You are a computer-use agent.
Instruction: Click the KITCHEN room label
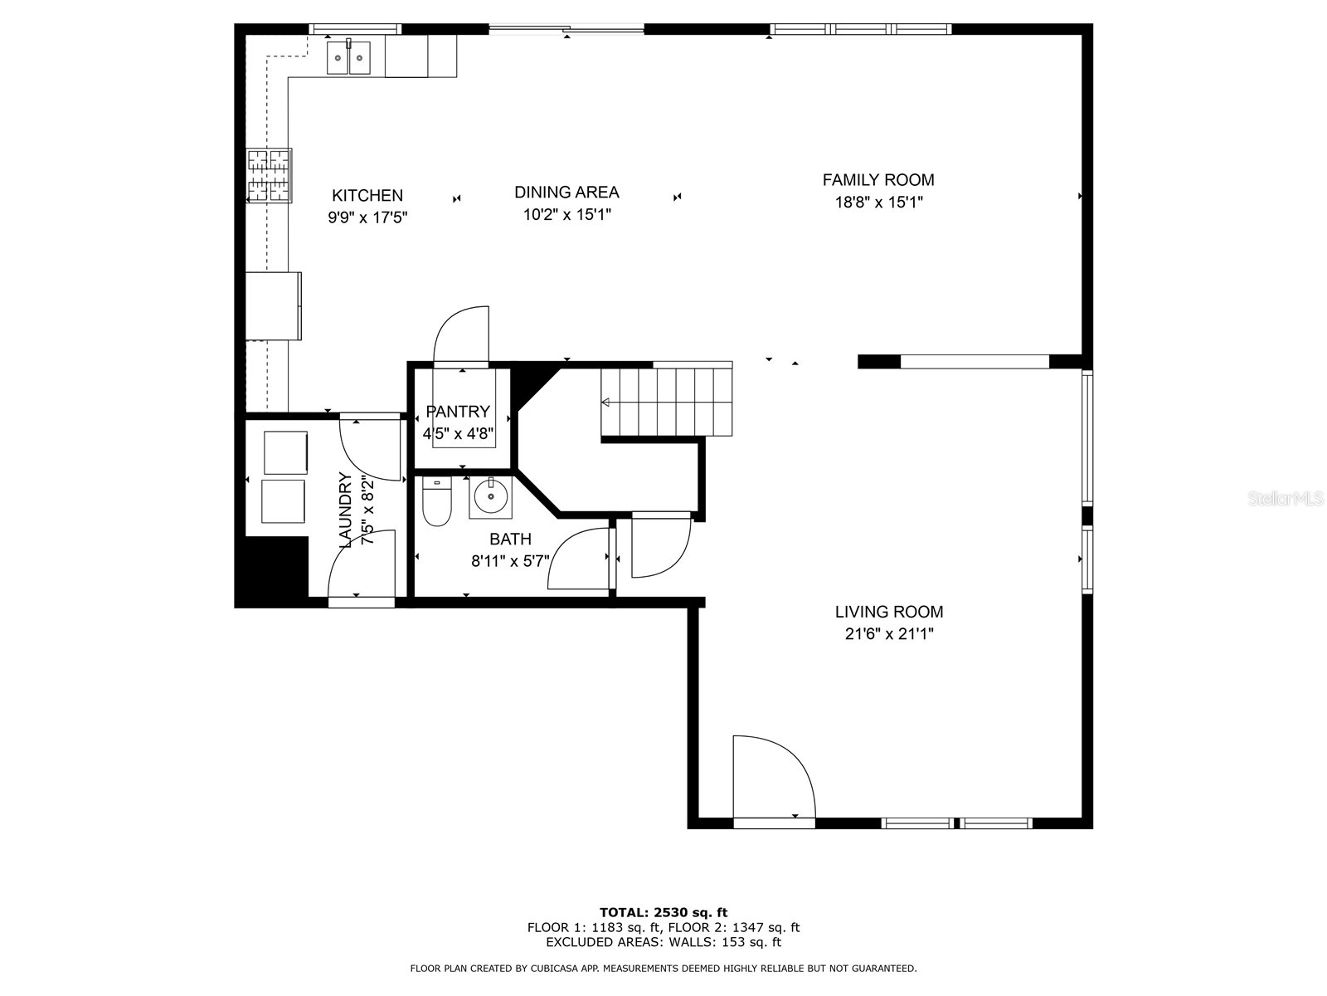367,196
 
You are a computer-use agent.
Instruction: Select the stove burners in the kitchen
269,175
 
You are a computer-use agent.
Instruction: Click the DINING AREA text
566,193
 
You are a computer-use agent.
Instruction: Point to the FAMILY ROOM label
878,180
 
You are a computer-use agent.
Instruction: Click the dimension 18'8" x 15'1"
878,202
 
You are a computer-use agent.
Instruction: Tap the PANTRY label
458,412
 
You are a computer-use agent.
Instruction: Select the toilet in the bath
436,503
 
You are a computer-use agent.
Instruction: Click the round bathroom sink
492,497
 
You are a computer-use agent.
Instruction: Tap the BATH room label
510,539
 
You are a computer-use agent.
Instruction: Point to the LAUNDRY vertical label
347,510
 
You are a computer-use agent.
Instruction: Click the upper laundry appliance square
285,452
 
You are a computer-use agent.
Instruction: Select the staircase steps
668,402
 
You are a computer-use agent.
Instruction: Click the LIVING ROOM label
888,613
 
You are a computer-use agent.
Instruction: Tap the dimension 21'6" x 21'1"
888,634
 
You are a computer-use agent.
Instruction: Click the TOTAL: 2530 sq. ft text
663,912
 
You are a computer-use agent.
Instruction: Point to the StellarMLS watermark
1286,499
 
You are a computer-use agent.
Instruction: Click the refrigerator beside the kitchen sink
420,56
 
